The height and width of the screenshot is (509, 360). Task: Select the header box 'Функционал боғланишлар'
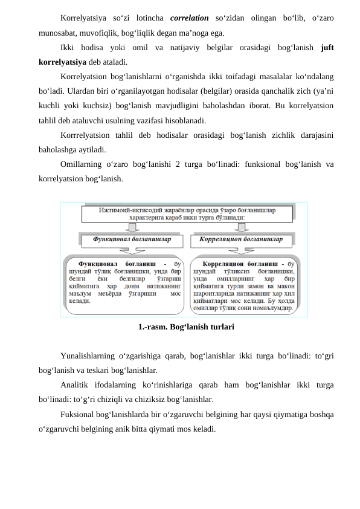132,240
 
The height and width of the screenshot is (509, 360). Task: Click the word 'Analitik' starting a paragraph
76,385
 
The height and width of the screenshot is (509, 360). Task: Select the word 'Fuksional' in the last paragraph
79,414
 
